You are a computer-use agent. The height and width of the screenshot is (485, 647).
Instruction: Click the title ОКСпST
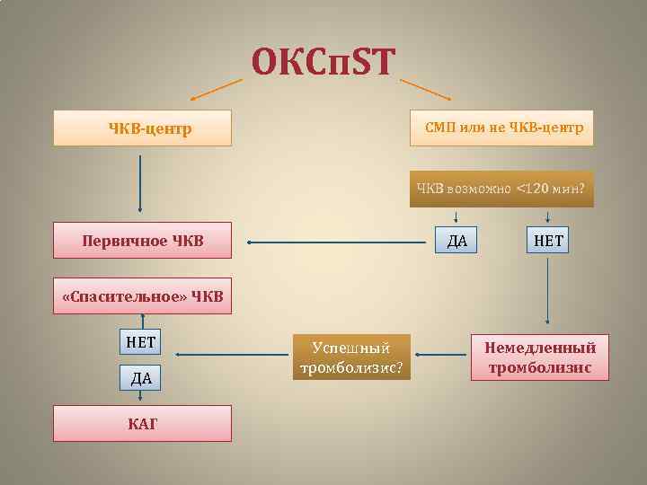[x=323, y=62]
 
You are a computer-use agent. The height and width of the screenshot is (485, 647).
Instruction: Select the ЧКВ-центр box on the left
[x=142, y=128]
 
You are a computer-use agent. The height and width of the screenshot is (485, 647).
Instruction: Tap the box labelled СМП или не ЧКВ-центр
[x=502, y=128]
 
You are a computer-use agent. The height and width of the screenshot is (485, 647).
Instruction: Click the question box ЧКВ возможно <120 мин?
[x=501, y=190]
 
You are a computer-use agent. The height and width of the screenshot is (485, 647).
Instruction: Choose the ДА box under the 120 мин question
[x=456, y=241]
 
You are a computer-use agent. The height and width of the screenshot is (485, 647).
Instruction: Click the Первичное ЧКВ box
[x=142, y=241]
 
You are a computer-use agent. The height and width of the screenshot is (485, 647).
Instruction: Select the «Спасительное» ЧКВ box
[x=142, y=296]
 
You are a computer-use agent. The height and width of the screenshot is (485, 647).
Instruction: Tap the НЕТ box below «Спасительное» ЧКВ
[x=140, y=342]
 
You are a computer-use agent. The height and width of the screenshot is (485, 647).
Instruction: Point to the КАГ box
[x=142, y=423]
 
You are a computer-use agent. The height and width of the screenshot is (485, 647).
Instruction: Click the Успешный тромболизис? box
[x=351, y=357]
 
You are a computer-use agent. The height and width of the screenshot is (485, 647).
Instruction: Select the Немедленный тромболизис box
[x=540, y=357]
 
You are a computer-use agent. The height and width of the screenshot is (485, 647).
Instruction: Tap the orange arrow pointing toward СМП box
[x=425, y=88]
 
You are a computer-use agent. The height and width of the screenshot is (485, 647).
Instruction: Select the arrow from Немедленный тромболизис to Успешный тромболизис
[x=441, y=356]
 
